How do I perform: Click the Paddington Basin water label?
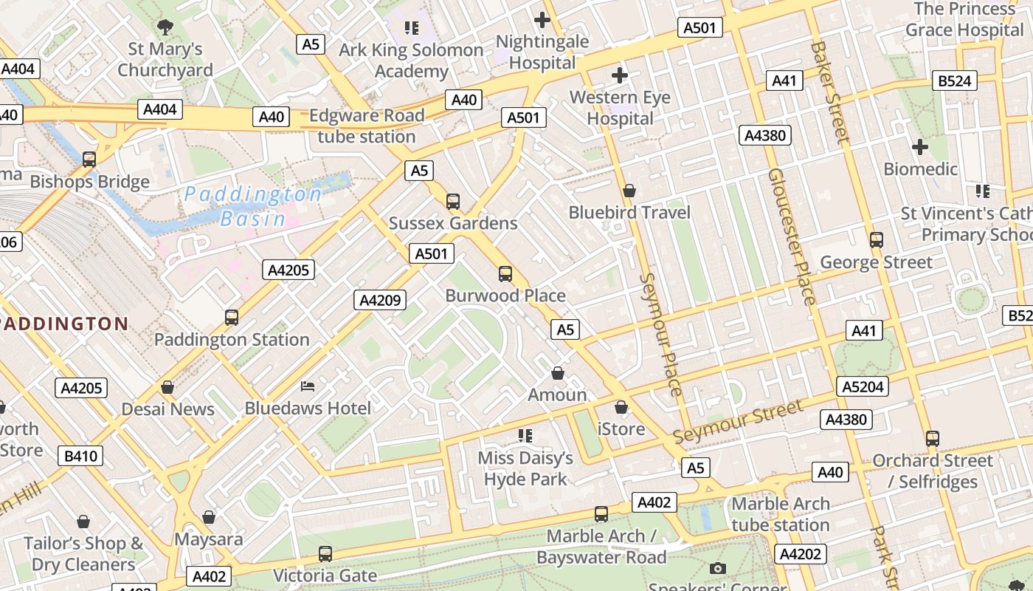pos(252,206)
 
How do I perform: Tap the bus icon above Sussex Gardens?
pos(453,201)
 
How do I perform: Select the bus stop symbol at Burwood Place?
pos(505,274)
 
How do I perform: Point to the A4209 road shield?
pos(380,300)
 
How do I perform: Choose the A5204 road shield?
pos(863,386)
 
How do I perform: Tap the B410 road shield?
pos(80,456)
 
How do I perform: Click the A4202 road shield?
pos(801,554)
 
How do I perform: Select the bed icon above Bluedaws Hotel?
pos(308,386)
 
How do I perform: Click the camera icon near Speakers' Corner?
pos(717,568)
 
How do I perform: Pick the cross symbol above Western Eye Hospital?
pos(620,75)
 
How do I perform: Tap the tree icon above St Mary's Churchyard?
pos(165,27)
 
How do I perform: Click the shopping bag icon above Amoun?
pos(558,373)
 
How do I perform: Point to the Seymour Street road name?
pos(738,421)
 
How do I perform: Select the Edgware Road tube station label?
pos(367,126)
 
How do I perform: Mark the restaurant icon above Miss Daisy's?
pos(525,436)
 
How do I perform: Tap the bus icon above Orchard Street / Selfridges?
pos(933,439)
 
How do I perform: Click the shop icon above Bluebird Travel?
pos(629,191)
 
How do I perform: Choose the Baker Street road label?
pos(829,92)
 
